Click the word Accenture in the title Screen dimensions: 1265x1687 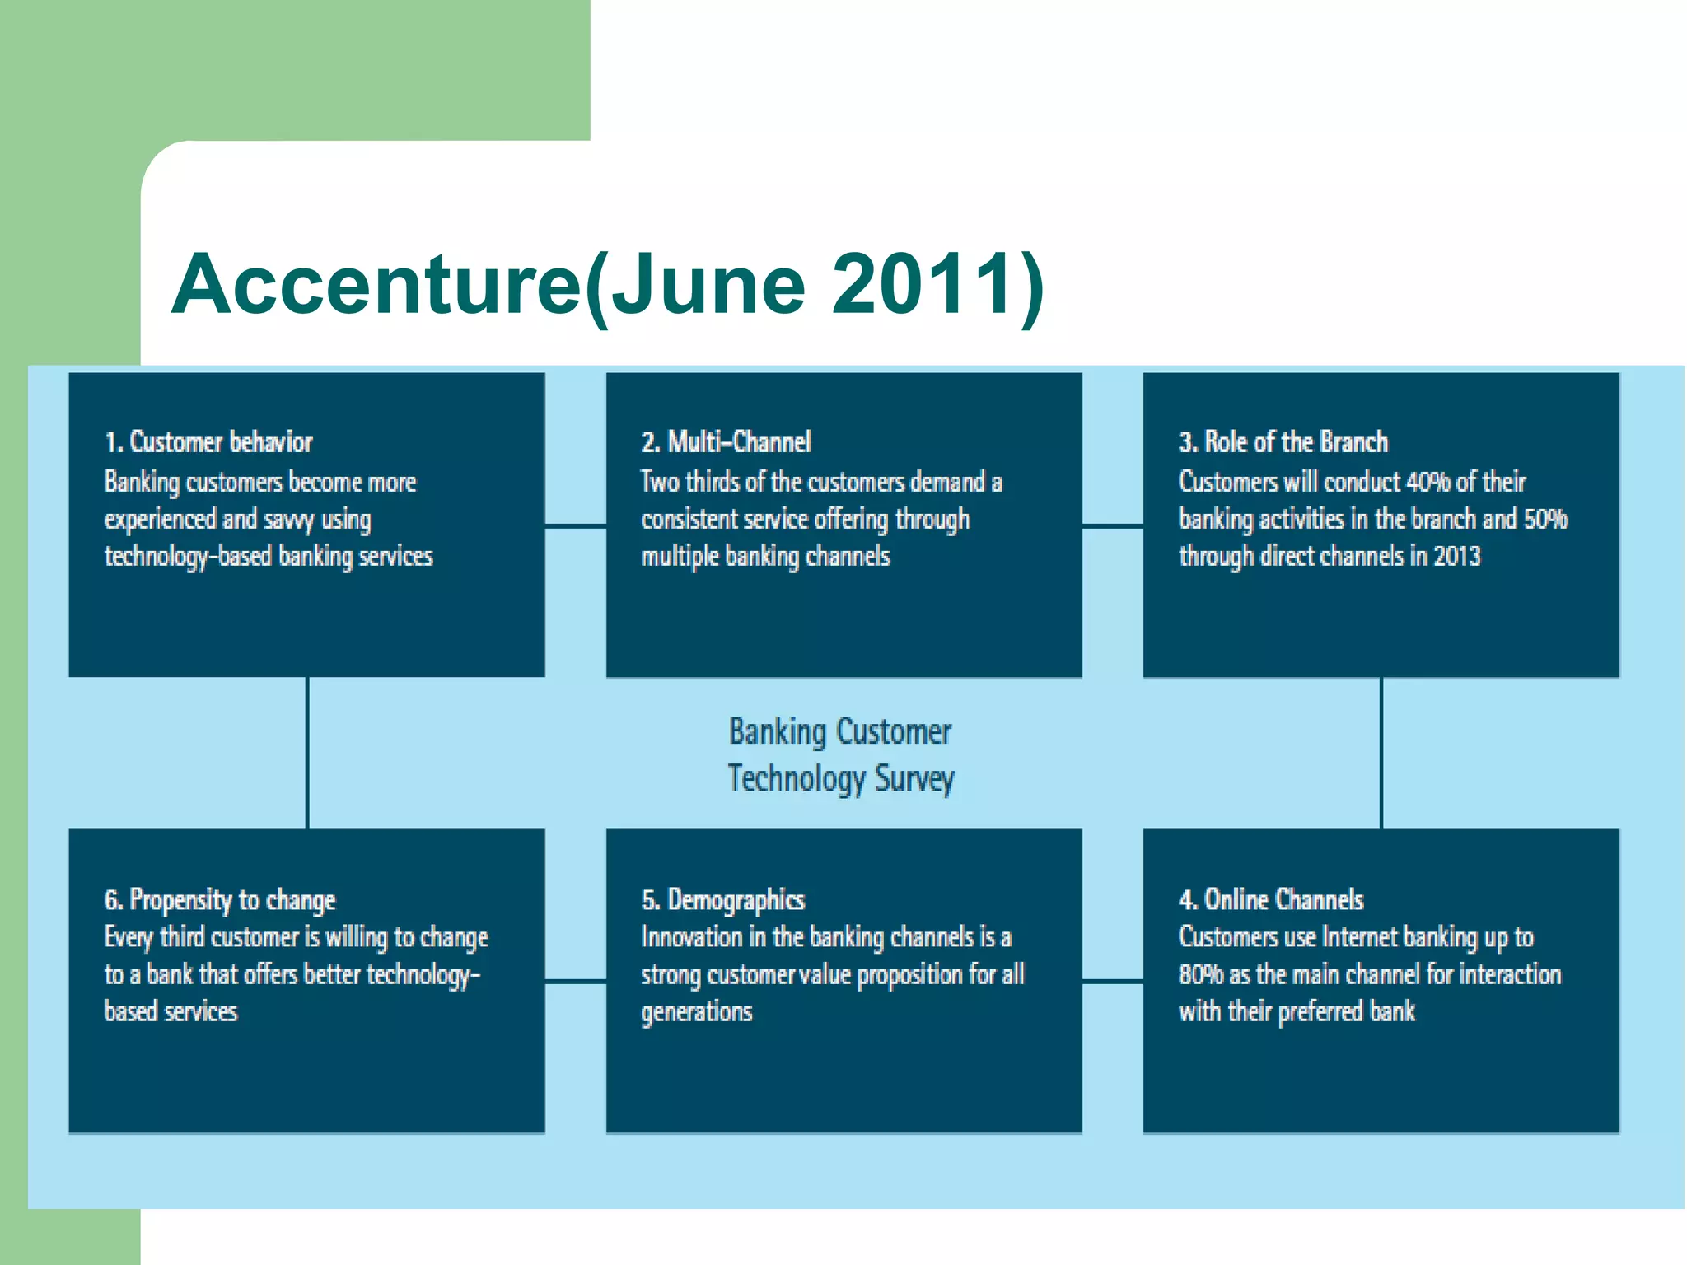(x=377, y=284)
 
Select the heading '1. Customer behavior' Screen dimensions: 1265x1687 (x=208, y=442)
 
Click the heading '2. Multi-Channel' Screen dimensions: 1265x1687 (x=726, y=442)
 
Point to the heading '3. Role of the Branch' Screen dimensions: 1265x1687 (x=1283, y=442)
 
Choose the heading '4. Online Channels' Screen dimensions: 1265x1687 (x=1270, y=899)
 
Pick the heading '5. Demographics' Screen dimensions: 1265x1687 (x=722, y=899)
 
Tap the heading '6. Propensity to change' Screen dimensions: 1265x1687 (x=219, y=899)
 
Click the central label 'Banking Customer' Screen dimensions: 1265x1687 (x=839, y=731)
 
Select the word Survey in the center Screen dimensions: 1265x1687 (x=914, y=778)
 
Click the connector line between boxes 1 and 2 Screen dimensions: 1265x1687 (x=575, y=525)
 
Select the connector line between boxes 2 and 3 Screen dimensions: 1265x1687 (x=1112, y=525)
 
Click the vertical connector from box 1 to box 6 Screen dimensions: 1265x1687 (x=307, y=752)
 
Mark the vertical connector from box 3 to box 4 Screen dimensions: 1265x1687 (x=1381, y=752)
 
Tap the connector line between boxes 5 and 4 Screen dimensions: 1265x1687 (x=1112, y=981)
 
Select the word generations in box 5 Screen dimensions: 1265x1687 (x=696, y=1012)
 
